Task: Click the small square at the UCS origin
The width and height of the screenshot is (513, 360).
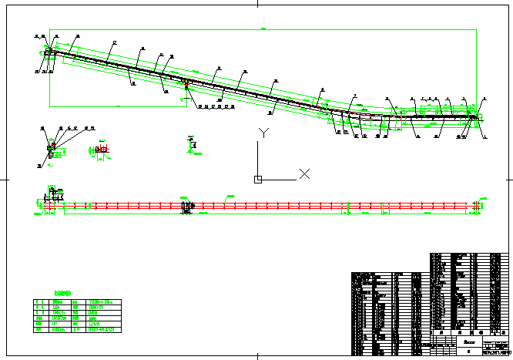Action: click(258, 180)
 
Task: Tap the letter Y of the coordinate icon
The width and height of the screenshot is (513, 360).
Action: click(263, 132)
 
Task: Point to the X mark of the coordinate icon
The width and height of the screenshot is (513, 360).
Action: click(304, 173)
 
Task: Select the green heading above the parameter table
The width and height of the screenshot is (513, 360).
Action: click(63, 293)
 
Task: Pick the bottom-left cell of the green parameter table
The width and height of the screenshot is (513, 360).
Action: click(39, 329)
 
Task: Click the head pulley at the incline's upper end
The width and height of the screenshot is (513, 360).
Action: click(50, 52)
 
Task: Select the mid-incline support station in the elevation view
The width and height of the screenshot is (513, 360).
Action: click(185, 83)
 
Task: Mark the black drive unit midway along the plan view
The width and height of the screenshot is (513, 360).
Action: click(186, 207)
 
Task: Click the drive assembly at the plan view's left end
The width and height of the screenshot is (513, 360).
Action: click(52, 202)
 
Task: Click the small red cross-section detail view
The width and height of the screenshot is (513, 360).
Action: click(100, 150)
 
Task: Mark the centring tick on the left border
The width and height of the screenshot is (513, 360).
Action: click(5, 179)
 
